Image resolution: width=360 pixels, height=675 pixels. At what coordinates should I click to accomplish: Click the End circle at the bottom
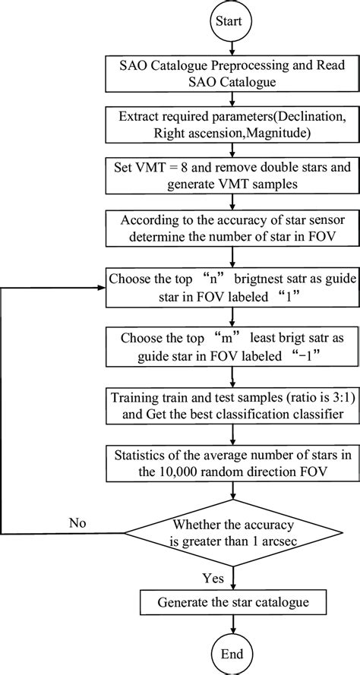[x=230, y=654]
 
